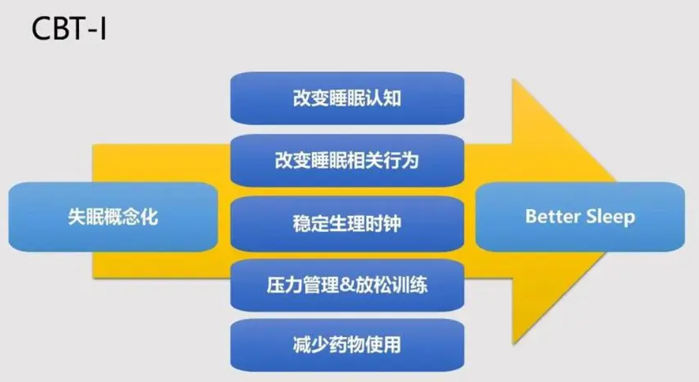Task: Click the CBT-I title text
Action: coord(69,29)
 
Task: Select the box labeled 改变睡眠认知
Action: coord(347,98)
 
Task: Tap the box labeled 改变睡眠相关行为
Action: coord(347,161)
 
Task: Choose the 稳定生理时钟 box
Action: coord(347,224)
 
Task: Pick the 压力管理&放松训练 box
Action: coord(347,285)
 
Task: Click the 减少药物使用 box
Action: coord(347,345)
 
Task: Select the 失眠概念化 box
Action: coord(113,217)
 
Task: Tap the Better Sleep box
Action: coord(580,217)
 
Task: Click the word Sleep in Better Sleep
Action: coord(611,217)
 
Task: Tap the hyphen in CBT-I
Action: coord(91,31)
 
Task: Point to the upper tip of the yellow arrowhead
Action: coord(513,79)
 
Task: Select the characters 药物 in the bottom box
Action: coord(347,345)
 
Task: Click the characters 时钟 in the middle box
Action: coord(384,224)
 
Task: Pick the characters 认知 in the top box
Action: coord(384,98)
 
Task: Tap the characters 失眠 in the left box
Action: coord(86,217)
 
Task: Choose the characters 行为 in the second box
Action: coord(401,161)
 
